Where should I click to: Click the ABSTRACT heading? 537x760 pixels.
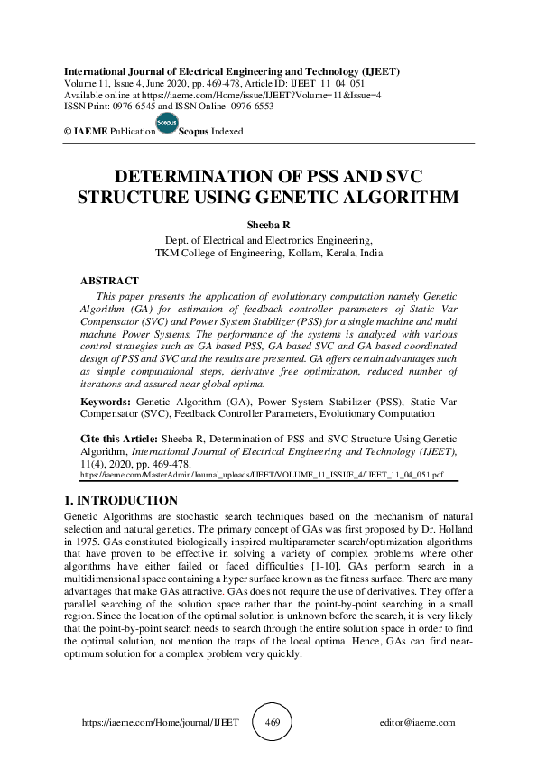pos(109,282)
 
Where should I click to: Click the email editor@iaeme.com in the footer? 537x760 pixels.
pos(418,723)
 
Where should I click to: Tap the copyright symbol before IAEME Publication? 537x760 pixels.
pos(68,132)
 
